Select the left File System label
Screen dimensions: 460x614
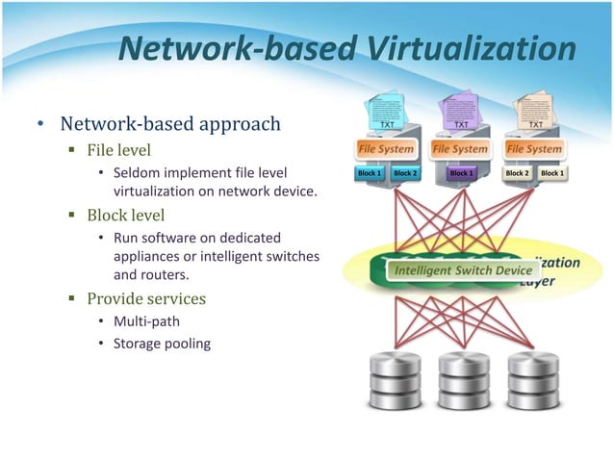pos(386,149)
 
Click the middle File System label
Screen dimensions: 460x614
pos(460,149)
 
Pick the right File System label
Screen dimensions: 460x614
pos(534,149)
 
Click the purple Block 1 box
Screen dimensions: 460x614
pos(461,173)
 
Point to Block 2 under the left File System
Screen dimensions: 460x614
pos(405,173)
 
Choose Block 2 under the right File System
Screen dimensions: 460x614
pos(517,173)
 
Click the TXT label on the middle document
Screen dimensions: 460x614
pos(461,124)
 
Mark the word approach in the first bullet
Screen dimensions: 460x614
pos(238,124)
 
